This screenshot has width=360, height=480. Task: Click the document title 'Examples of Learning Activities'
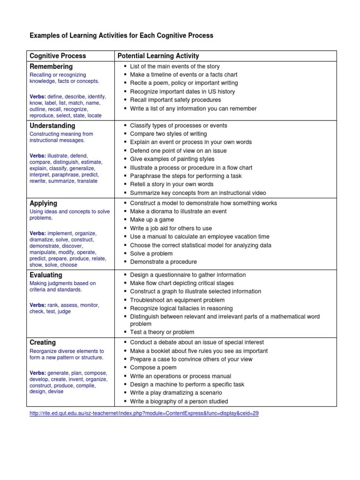pyautogui.click(x=121, y=35)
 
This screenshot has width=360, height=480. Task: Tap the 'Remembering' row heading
pyautogui.click(x=51, y=67)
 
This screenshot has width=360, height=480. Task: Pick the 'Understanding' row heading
pyautogui.click(x=52, y=126)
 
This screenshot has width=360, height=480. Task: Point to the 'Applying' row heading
pyautogui.click(x=44, y=203)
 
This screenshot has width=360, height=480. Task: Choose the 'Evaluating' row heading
pyautogui.click(x=46, y=275)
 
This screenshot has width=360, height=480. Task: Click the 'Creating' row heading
pyautogui.click(x=43, y=343)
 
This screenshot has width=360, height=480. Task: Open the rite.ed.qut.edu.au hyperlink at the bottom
pyautogui.click(x=144, y=414)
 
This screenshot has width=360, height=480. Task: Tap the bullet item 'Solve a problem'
pyautogui.click(x=151, y=254)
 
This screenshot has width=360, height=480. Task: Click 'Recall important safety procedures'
pyautogui.click(x=175, y=100)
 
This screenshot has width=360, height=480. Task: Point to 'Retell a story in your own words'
pyautogui.click(x=172, y=184)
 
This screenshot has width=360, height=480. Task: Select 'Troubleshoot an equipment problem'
pyautogui.click(x=177, y=300)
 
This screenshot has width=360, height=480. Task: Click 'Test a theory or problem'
pyautogui.click(x=162, y=332)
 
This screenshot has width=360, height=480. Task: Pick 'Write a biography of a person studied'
pyautogui.click(x=179, y=401)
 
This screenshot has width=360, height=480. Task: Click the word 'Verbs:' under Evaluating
pyautogui.click(x=38, y=305)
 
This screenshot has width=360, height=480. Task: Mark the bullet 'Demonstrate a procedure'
pyautogui.click(x=163, y=262)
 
